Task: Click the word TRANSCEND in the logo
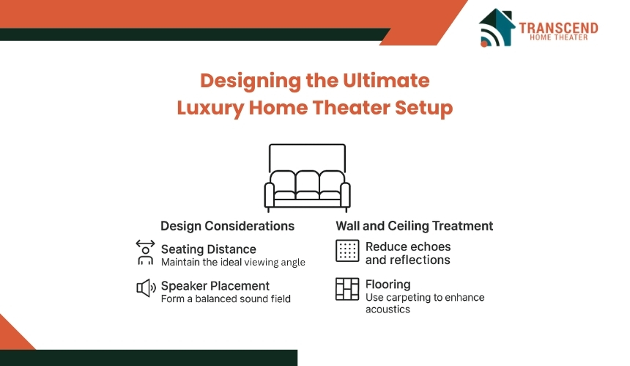click(558, 28)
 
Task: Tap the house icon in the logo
click(497, 27)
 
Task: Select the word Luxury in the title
click(210, 108)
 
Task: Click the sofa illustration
click(307, 177)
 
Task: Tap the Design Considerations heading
click(227, 226)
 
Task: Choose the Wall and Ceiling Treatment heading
click(414, 226)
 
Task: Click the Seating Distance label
click(208, 249)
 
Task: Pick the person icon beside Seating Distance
click(145, 252)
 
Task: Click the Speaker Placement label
click(215, 286)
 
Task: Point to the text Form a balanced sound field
click(226, 299)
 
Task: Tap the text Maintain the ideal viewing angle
click(233, 262)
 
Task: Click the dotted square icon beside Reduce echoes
click(347, 251)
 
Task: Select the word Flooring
click(388, 284)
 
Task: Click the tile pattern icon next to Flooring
click(347, 289)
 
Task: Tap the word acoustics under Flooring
click(388, 310)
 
